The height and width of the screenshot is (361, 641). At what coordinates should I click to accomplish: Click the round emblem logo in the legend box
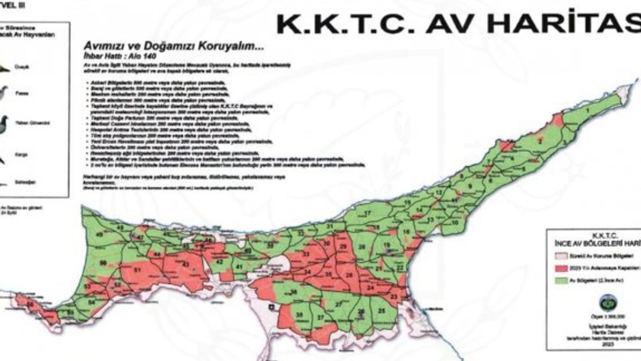tap(608, 302)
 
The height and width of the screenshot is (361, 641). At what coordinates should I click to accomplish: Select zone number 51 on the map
tap(138, 271)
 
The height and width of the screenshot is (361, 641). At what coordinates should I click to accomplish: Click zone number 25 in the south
tap(382, 311)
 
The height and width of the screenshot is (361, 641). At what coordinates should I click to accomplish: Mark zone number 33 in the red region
tap(306, 255)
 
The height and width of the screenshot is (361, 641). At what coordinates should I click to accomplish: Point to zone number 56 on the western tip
tap(30, 304)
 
